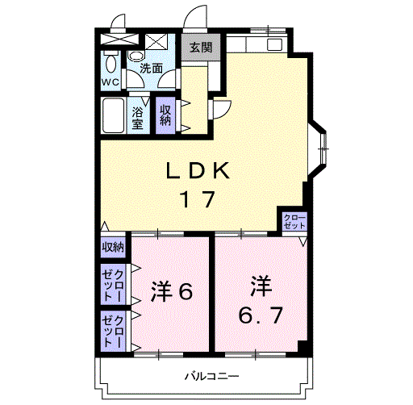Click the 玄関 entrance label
click(x=201, y=48)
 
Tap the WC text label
click(x=111, y=82)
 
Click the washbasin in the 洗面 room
click(x=136, y=56)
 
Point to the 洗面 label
click(x=152, y=69)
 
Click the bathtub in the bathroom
click(x=113, y=115)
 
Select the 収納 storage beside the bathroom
click(x=165, y=115)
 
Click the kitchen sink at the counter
click(x=274, y=44)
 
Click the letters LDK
click(x=198, y=170)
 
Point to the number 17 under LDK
click(x=198, y=199)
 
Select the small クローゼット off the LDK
click(x=294, y=222)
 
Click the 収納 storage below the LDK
click(x=113, y=247)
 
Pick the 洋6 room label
click(x=172, y=291)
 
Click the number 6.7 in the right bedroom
click(x=261, y=315)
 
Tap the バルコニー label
click(x=211, y=376)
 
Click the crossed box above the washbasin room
click(x=156, y=42)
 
